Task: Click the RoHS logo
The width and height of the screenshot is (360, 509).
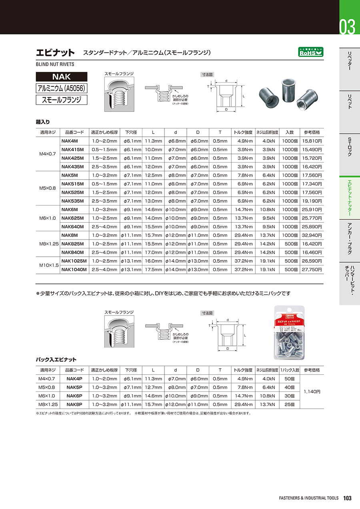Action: click(x=311, y=52)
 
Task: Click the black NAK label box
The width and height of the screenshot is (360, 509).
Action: click(x=61, y=76)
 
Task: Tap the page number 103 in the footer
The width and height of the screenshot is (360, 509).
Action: click(x=347, y=498)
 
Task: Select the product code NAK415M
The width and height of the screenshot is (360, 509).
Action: click(x=73, y=149)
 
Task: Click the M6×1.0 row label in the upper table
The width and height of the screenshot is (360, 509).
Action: click(x=48, y=218)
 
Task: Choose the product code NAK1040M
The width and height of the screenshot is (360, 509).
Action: click(x=74, y=269)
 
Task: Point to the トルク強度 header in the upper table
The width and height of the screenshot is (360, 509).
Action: click(x=243, y=132)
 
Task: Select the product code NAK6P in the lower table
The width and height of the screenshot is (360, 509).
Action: click(x=74, y=395)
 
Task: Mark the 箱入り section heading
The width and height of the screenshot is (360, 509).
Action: click(x=43, y=122)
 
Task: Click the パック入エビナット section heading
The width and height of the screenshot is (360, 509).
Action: click(x=56, y=359)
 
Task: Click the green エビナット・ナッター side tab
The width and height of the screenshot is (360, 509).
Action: click(x=350, y=198)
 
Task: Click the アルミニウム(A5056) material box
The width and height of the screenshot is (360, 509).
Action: click(x=61, y=88)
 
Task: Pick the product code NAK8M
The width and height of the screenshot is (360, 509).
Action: click(x=70, y=236)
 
